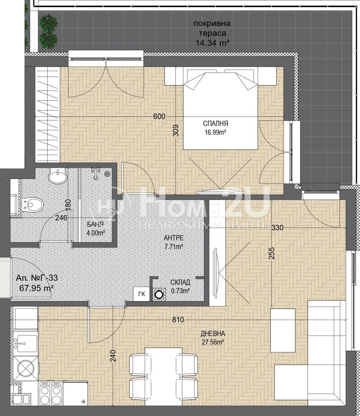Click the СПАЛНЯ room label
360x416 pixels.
(x=215, y=124)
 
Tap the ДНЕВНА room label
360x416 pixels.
(x=213, y=334)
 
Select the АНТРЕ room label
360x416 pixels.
(x=174, y=238)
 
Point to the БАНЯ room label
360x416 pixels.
(x=96, y=225)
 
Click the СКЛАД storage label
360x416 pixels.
(x=180, y=282)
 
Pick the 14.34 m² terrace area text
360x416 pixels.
(x=212, y=43)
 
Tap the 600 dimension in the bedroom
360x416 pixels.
(x=159, y=116)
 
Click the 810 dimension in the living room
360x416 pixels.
(x=178, y=319)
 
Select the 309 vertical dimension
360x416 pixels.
(x=175, y=131)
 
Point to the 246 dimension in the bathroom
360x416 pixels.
(x=61, y=218)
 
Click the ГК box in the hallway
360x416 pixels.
(x=142, y=294)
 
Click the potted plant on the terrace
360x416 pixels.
(x=48, y=29)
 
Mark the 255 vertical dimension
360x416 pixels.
(x=273, y=253)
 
